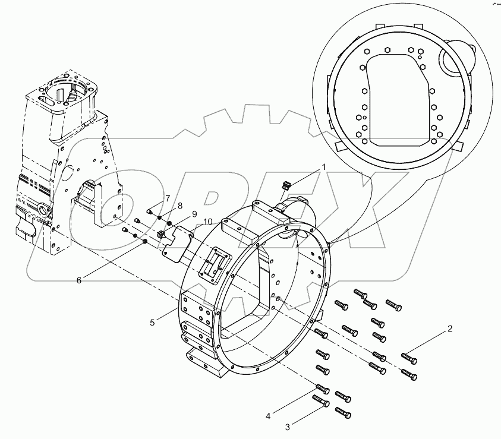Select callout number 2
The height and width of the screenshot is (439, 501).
coord(450,329)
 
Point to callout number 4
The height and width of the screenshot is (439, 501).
coord(269,416)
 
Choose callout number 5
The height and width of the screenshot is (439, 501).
coord(153,322)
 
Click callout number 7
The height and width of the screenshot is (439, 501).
coord(168,198)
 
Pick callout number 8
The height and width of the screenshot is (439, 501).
coord(179,206)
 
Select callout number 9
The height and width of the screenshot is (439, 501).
coord(193,214)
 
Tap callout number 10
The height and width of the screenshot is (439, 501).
coord(207,222)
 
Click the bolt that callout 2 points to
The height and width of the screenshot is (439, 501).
coord(409,358)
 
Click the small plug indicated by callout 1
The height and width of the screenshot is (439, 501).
coord(284,186)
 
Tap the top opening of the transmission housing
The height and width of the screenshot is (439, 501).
coord(66,89)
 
